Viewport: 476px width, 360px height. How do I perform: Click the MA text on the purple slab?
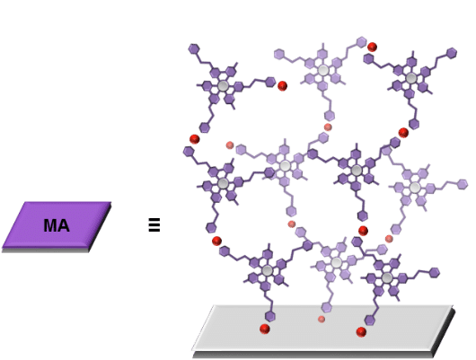coord(57,225)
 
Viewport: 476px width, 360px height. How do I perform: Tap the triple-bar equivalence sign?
coord(154,225)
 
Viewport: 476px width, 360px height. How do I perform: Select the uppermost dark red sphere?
coord(372,47)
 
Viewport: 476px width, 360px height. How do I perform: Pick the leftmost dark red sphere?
coord(195,139)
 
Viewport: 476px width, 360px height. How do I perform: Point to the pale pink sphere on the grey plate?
coord(322,319)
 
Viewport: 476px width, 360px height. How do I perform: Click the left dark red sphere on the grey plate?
coord(265,329)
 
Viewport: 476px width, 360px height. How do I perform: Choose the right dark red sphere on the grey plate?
coord(361,332)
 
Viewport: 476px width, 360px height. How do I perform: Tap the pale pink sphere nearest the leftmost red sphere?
coord(230,145)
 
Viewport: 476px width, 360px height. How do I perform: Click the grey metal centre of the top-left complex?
coord(223,86)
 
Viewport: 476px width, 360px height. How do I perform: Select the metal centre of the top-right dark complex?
coord(411,78)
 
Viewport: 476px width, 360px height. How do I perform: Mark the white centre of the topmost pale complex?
coord(323,70)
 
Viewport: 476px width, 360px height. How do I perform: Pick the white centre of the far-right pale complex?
coord(415,188)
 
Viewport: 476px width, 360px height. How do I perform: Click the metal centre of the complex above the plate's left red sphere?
coord(267,270)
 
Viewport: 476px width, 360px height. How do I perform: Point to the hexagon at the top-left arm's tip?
coord(194,48)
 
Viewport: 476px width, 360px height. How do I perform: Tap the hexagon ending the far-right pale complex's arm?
coord(463,184)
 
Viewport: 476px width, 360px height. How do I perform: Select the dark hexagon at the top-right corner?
coord(452,53)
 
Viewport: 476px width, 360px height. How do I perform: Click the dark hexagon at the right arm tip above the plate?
coord(435,273)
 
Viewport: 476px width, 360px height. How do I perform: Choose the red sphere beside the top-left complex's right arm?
coord(282,86)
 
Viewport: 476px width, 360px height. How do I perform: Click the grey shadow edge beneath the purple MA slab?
coord(46,250)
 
